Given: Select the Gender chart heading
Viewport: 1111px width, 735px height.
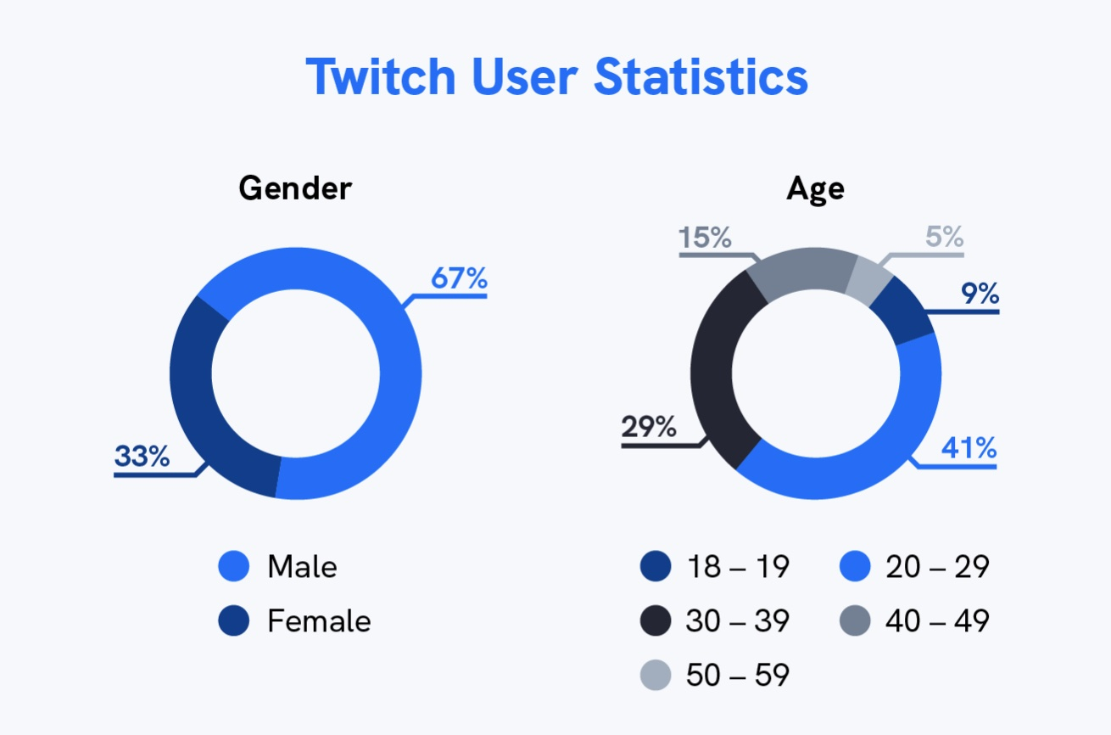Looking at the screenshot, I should point(294,188).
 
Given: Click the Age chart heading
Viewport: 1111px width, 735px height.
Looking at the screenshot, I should point(815,188).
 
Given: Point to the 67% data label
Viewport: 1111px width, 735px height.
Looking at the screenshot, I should point(459,278).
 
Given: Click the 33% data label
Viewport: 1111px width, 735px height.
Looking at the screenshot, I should point(142,457).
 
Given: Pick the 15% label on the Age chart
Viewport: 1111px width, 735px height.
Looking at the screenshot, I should point(705,238).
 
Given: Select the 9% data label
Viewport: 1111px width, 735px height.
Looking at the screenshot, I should point(980,294).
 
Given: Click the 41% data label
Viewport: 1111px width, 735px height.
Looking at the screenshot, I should point(969,447).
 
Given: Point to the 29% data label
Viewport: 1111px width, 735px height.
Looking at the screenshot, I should point(649,426).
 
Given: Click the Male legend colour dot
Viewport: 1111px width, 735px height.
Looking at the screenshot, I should point(234,567).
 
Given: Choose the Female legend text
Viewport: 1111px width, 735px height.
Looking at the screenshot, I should point(319,621).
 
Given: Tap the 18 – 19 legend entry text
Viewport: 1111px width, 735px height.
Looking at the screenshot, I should point(737,567).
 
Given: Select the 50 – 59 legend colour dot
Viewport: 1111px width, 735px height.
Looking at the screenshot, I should point(656,676).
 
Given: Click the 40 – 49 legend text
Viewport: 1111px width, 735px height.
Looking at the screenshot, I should point(937,621).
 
